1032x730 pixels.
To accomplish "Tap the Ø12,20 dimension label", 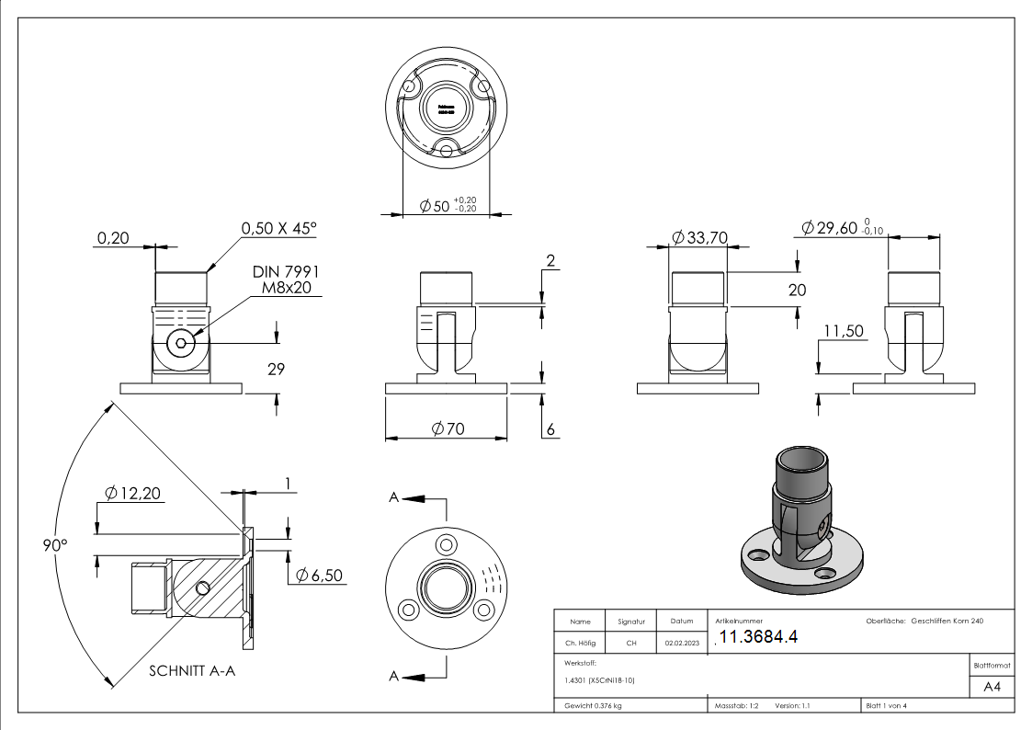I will click(x=133, y=494).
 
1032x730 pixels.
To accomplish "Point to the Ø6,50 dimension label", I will click(x=320, y=576).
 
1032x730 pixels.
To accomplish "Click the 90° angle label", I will click(x=56, y=545).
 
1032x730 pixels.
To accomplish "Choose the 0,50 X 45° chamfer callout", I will click(x=285, y=227).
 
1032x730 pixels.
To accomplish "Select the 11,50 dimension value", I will click(x=845, y=331).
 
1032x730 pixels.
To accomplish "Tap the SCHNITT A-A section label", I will click(x=192, y=671).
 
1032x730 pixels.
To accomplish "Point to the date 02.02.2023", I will click(x=681, y=644).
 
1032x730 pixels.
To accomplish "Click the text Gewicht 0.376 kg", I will click(x=593, y=706).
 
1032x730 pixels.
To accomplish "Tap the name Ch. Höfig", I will click(x=580, y=644).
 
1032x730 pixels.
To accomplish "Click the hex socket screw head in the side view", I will click(x=182, y=345).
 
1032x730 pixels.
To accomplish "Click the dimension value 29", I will click(x=276, y=370).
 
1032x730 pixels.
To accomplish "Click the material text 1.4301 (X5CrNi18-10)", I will click(x=600, y=680).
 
